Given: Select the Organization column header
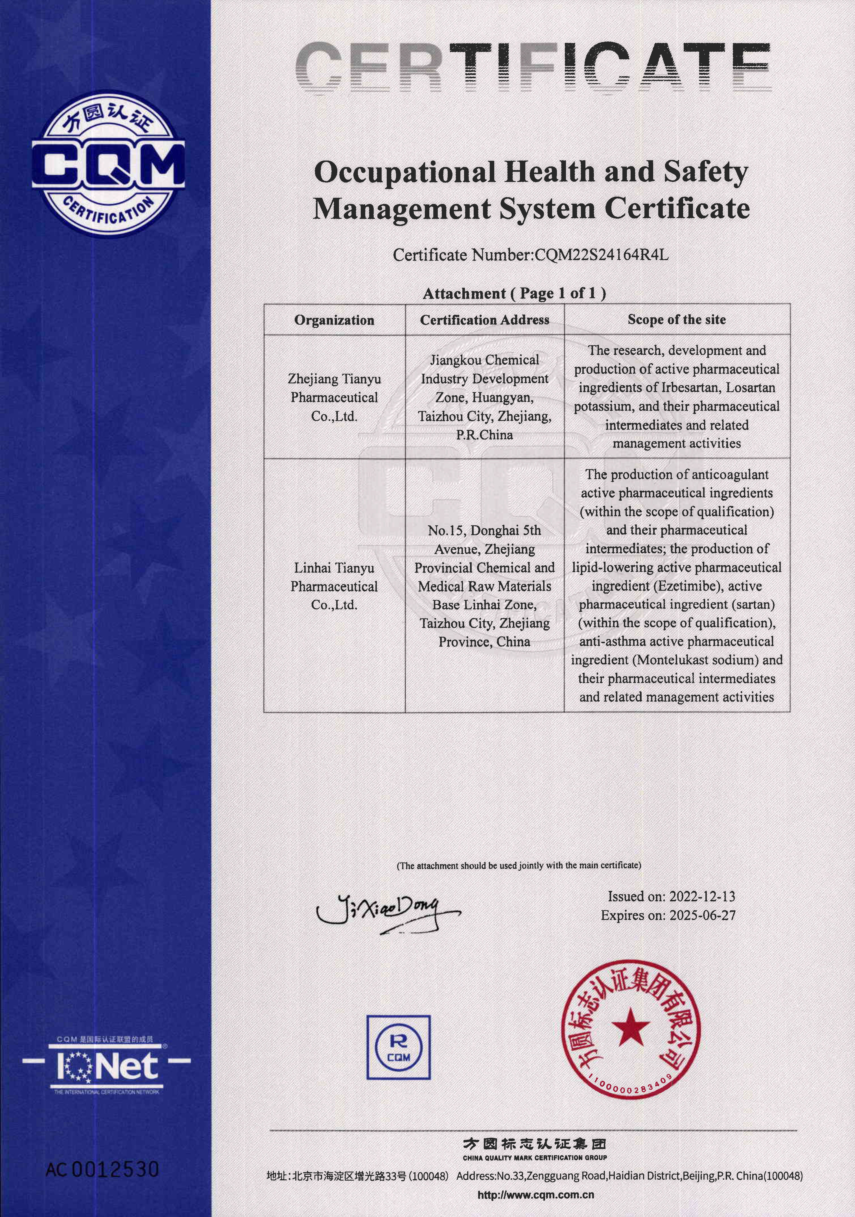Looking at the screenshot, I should pos(334,320).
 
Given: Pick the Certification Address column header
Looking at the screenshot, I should pos(484,320).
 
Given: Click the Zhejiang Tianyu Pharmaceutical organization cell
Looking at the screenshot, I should pos(334,397).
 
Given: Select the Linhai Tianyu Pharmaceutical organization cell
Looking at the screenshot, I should pos(334,586).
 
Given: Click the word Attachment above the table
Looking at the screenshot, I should pos(464,294).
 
